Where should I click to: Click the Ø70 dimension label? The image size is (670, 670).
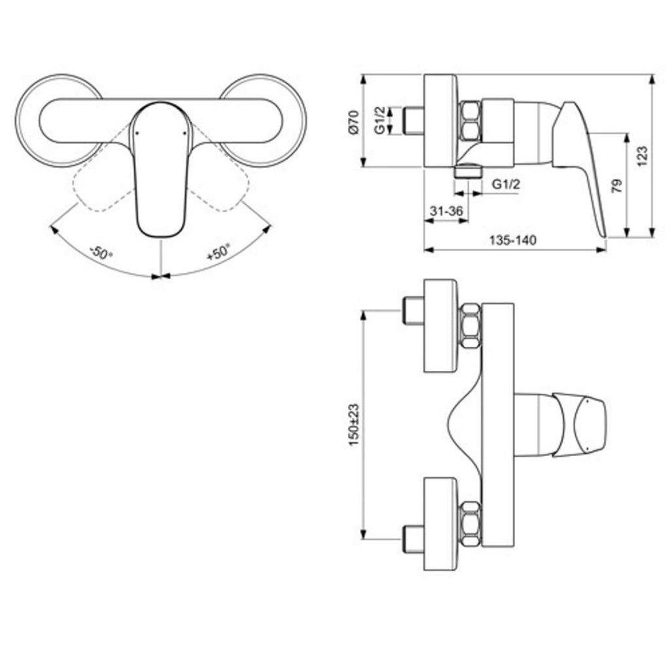(353, 122)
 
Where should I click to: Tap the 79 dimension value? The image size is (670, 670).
(616, 186)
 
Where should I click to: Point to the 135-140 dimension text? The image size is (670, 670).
(513, 240)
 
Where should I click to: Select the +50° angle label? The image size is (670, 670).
(219, 252)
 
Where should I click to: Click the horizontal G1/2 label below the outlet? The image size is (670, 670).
(505, 185)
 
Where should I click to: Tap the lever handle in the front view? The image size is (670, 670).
(160, 170)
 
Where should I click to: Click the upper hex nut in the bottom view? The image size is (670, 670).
(470, 325)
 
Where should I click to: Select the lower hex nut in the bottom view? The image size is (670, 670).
(470, 523)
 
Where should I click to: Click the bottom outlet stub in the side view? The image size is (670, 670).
(467, 171)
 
